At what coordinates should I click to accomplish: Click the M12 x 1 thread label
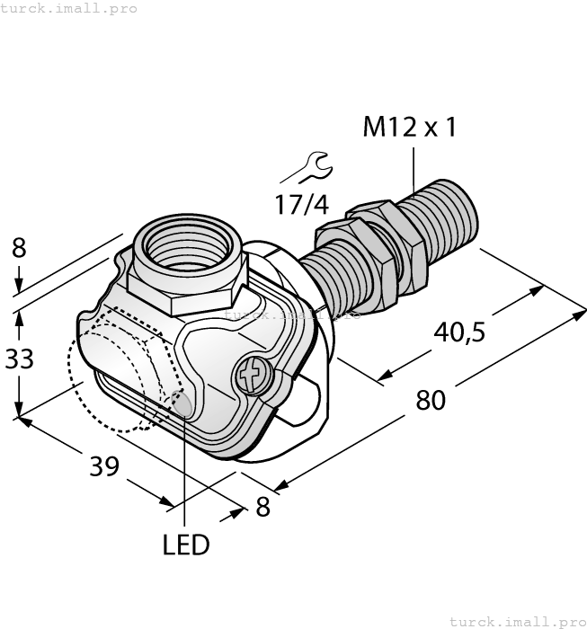tap(409, 128)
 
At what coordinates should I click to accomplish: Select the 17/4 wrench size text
tap(302, 204)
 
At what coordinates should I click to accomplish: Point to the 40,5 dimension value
tap(459, 332)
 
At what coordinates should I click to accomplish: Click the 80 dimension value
tap(431, 400)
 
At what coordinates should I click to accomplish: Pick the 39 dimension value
tap(104, 466)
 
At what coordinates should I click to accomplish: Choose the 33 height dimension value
tap(19, 359)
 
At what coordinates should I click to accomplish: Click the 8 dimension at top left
tap(19, 248)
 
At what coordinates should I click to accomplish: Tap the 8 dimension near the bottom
tap(262, 506)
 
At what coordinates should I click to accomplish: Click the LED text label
tap(186, 545)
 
